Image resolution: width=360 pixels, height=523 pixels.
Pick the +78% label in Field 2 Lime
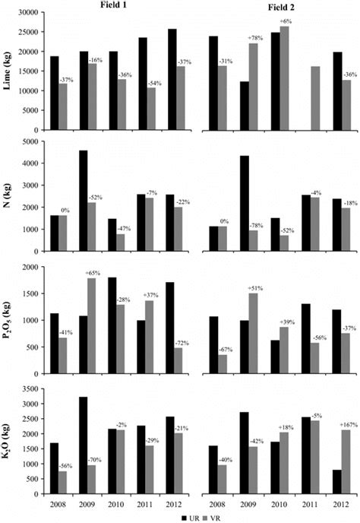(254, 37)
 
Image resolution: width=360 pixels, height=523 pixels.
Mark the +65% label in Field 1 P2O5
(92, 271)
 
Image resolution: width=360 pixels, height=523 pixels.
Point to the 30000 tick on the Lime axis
(27, 13)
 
